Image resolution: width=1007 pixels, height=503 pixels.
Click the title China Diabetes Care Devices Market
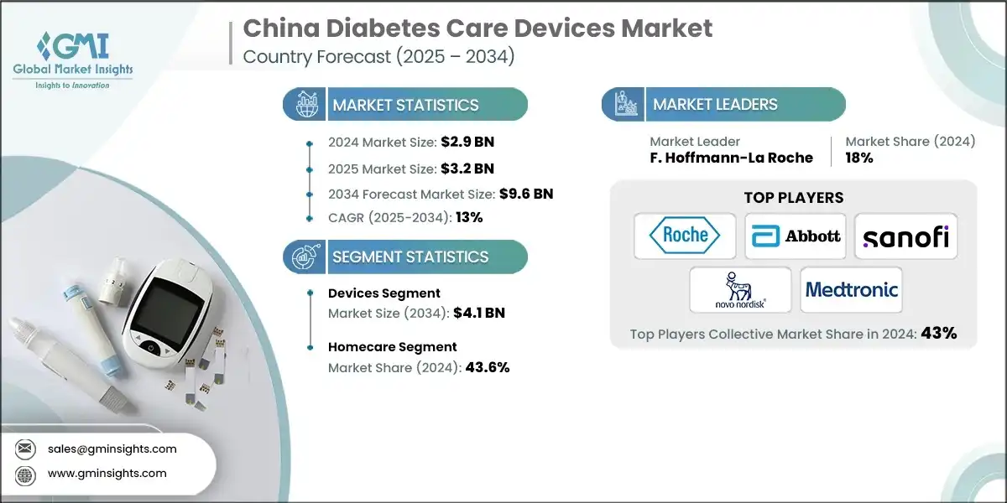(477, 28)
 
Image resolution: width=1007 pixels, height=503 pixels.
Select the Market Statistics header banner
(405, 105)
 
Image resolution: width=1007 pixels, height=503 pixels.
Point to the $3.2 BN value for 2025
(467, 168)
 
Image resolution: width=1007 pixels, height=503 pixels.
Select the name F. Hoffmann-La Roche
(731, 158)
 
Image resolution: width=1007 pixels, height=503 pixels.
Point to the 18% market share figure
(859, 158)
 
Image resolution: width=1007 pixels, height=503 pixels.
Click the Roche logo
(685, 236)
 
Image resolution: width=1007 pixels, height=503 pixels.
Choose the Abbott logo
(796, 236)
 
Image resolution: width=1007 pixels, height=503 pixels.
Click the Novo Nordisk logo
(740, 290)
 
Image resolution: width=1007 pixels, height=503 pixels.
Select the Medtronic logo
(851, 290)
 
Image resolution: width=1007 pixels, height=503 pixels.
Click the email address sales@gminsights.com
(112, 449)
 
